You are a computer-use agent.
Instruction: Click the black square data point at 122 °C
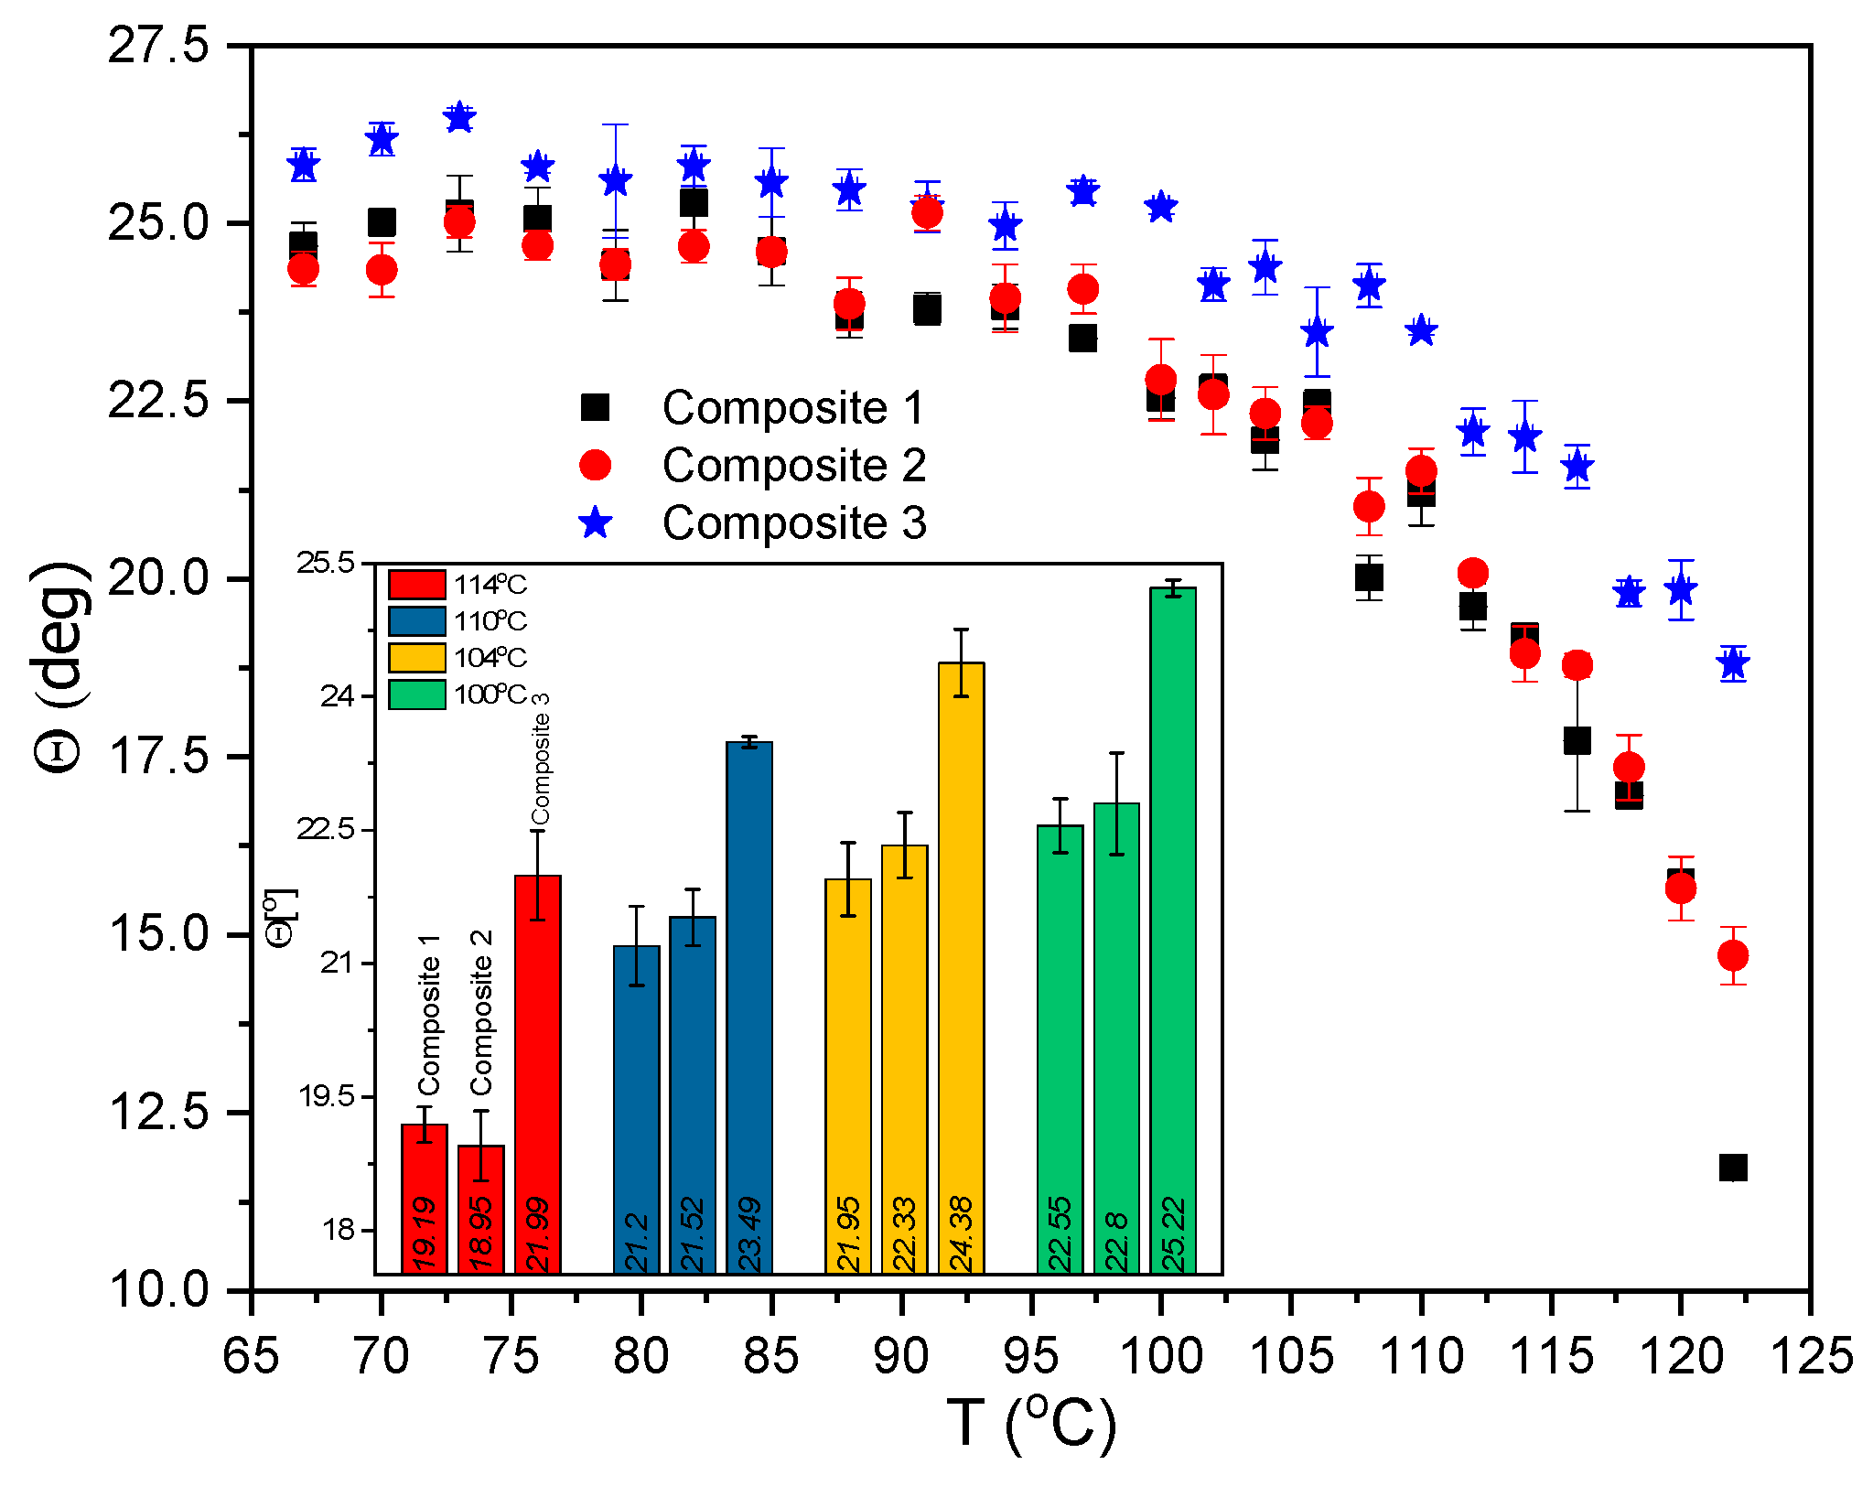pyautogui.click(x=1732, y=1168)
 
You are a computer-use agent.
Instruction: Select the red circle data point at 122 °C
pyautogui.click(x=1732, y=955)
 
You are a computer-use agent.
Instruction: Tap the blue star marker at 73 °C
pyautogui.click(x=459, y=117)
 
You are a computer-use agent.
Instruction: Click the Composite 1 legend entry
pyautogui.click(x=792, y=407)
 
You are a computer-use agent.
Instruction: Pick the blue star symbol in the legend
pyautogui.click(x=596, y=523)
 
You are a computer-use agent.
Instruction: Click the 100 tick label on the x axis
pyautogui.click(x=1160, y=1356)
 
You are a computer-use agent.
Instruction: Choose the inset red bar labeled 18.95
pyautogui.click(x=481, y=1208)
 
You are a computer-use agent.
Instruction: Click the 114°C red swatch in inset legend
pyautogui.click(x=417, y=585)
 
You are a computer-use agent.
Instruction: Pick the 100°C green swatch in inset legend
pyautogui.click(x=417, y=695)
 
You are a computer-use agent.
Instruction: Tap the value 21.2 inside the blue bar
pyautogui.click(x=637, y=1243)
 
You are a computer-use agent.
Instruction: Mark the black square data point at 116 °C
pyautogui.click(x=1576, y=739)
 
